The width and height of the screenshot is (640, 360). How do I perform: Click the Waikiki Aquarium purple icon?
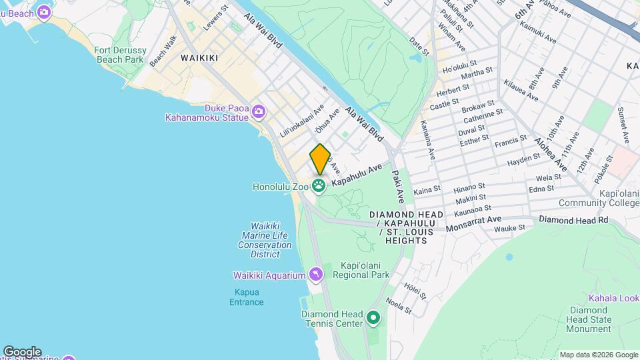pos(316,275)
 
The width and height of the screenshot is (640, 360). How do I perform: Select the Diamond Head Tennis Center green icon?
pos(373,319)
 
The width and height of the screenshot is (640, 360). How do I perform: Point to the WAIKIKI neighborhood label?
pos(199,58)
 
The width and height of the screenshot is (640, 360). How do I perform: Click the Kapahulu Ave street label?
pos(358,174)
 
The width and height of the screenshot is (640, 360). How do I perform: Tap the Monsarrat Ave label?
pos(473,223)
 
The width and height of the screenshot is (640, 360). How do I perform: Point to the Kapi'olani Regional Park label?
pos(360,269)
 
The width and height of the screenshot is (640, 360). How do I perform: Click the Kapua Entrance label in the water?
pos(247,297)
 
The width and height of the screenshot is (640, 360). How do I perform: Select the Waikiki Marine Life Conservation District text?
pos(265,240)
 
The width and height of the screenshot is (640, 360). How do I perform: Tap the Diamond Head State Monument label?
pos(589,319)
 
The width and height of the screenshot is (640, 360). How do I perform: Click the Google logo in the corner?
pos(21,351)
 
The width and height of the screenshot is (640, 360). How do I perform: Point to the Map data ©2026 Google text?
pos(598,355)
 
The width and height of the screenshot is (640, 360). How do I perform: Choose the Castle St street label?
pos(444,105)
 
